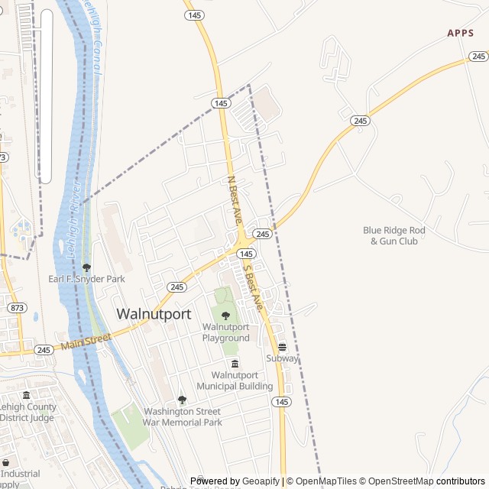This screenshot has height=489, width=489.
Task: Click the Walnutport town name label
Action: tap(154, 314)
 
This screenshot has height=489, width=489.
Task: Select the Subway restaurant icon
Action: tap(282, 347)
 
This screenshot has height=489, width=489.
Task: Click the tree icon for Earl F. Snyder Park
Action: tap(86, 268)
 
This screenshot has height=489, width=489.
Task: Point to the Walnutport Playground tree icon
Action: tap(225, 316)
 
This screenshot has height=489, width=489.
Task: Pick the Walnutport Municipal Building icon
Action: tap(235, 364)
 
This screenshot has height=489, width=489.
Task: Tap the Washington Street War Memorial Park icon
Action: tap(182, 400)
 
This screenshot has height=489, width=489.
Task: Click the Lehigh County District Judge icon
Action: tap(27, 395)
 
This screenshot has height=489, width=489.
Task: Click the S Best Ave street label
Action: tap(253, 287)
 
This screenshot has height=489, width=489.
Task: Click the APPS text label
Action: tap(461, 33)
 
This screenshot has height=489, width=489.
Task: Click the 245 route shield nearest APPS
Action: tap(479, 57)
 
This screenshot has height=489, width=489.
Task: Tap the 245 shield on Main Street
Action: tap(44, 350)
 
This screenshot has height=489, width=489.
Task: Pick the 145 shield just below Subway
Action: tap(282, 402)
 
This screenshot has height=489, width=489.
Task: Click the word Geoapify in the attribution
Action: tap(261, 481)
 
